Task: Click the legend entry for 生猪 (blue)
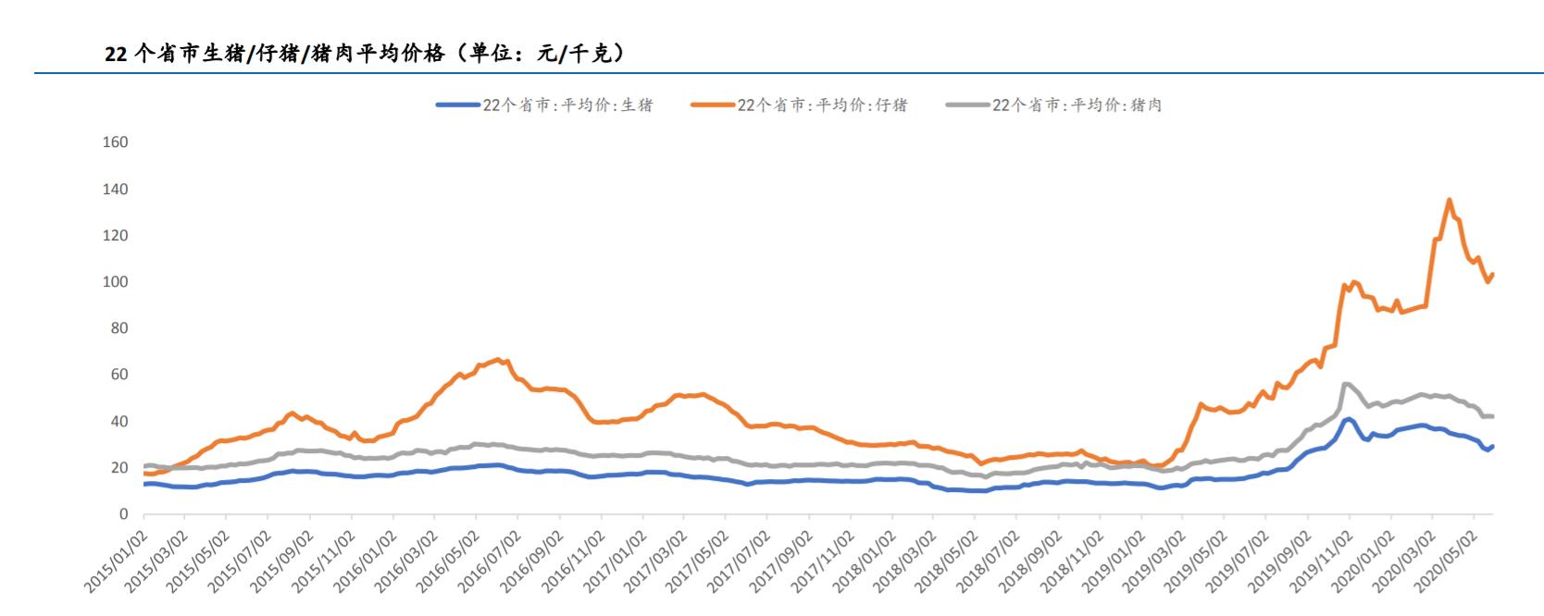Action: [545, 105]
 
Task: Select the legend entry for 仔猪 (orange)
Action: [800, 105]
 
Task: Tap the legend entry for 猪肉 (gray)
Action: [1054, 105]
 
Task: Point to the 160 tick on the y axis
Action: [116, 142]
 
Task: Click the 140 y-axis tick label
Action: [116, 190]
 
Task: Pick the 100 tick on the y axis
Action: [116, 282]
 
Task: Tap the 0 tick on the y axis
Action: [123, 514]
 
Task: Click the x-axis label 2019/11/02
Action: [1321, 560]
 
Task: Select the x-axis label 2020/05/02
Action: [1446, 560]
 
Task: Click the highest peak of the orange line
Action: [1449, 200]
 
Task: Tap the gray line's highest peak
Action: [1345, 383]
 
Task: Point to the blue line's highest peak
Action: [1347, 419]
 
